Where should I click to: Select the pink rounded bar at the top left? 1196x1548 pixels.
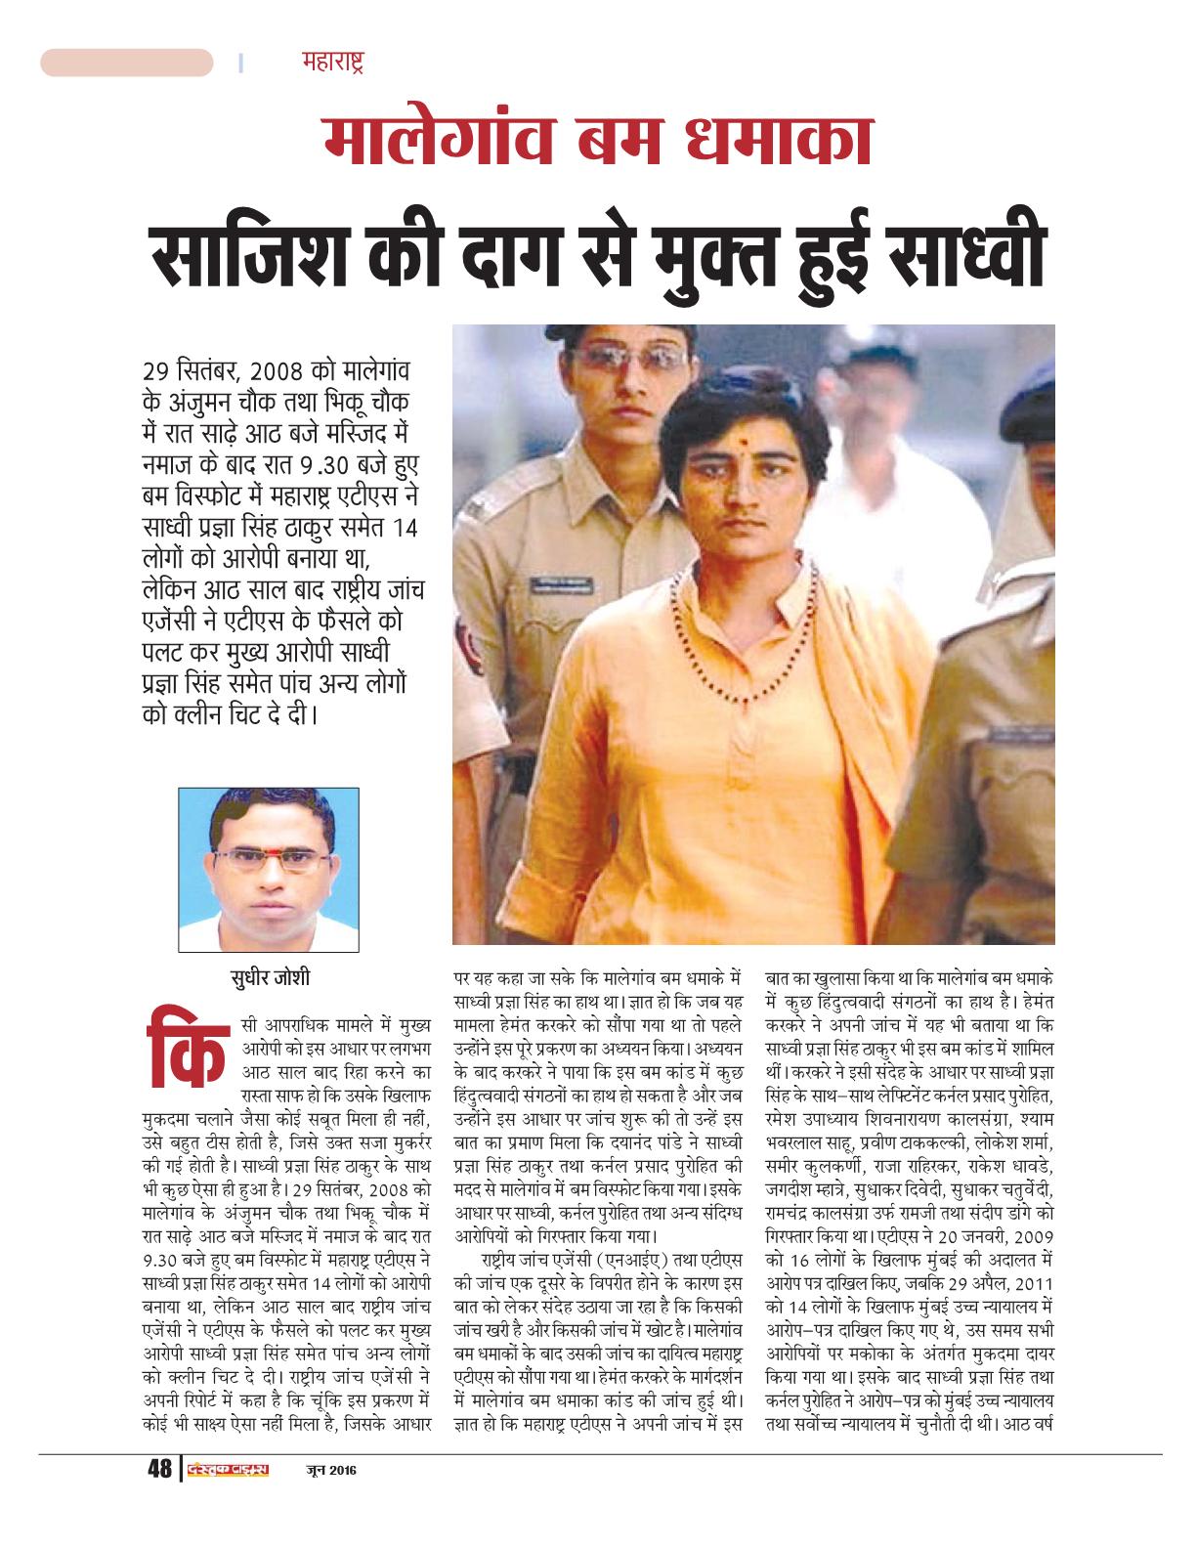[x=126, y=64]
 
